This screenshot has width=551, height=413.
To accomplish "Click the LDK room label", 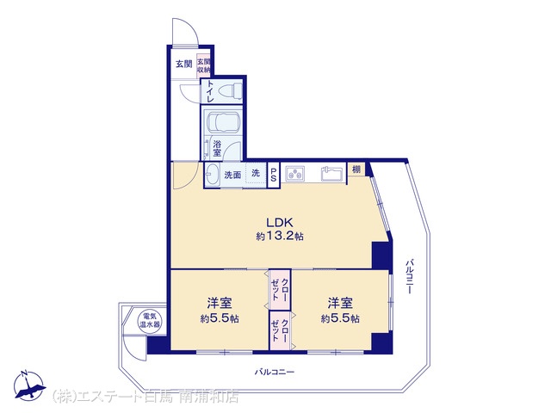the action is [279, 222].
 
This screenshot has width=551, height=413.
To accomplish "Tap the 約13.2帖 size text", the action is [279, 237].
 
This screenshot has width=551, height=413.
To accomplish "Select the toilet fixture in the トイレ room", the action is [230, 90].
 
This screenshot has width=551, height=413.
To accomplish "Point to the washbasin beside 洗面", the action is [212, 174].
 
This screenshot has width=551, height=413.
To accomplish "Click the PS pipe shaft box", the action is [274, 175].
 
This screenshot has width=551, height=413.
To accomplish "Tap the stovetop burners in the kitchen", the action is [294, 174].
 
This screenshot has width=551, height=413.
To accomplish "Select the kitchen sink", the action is [331, 174].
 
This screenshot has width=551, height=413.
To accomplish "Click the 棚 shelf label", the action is [356, 170].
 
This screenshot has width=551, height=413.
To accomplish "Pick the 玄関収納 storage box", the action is [203, 65].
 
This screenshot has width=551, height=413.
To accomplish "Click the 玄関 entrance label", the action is [183, 65].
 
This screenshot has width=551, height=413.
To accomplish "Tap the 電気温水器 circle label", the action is [150, 320].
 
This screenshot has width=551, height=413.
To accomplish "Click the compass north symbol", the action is [30, 385].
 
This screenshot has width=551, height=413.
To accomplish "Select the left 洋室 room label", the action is [219, 302].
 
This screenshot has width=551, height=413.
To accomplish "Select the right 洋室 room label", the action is [340, 302].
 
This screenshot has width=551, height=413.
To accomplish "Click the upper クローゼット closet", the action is [280, 289].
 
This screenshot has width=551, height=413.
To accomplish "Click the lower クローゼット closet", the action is [280, 330].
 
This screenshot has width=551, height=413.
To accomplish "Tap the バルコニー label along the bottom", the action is [275, 372].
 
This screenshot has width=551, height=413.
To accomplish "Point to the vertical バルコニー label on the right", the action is [409, 277].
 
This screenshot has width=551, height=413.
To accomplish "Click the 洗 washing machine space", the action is [257, 173].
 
